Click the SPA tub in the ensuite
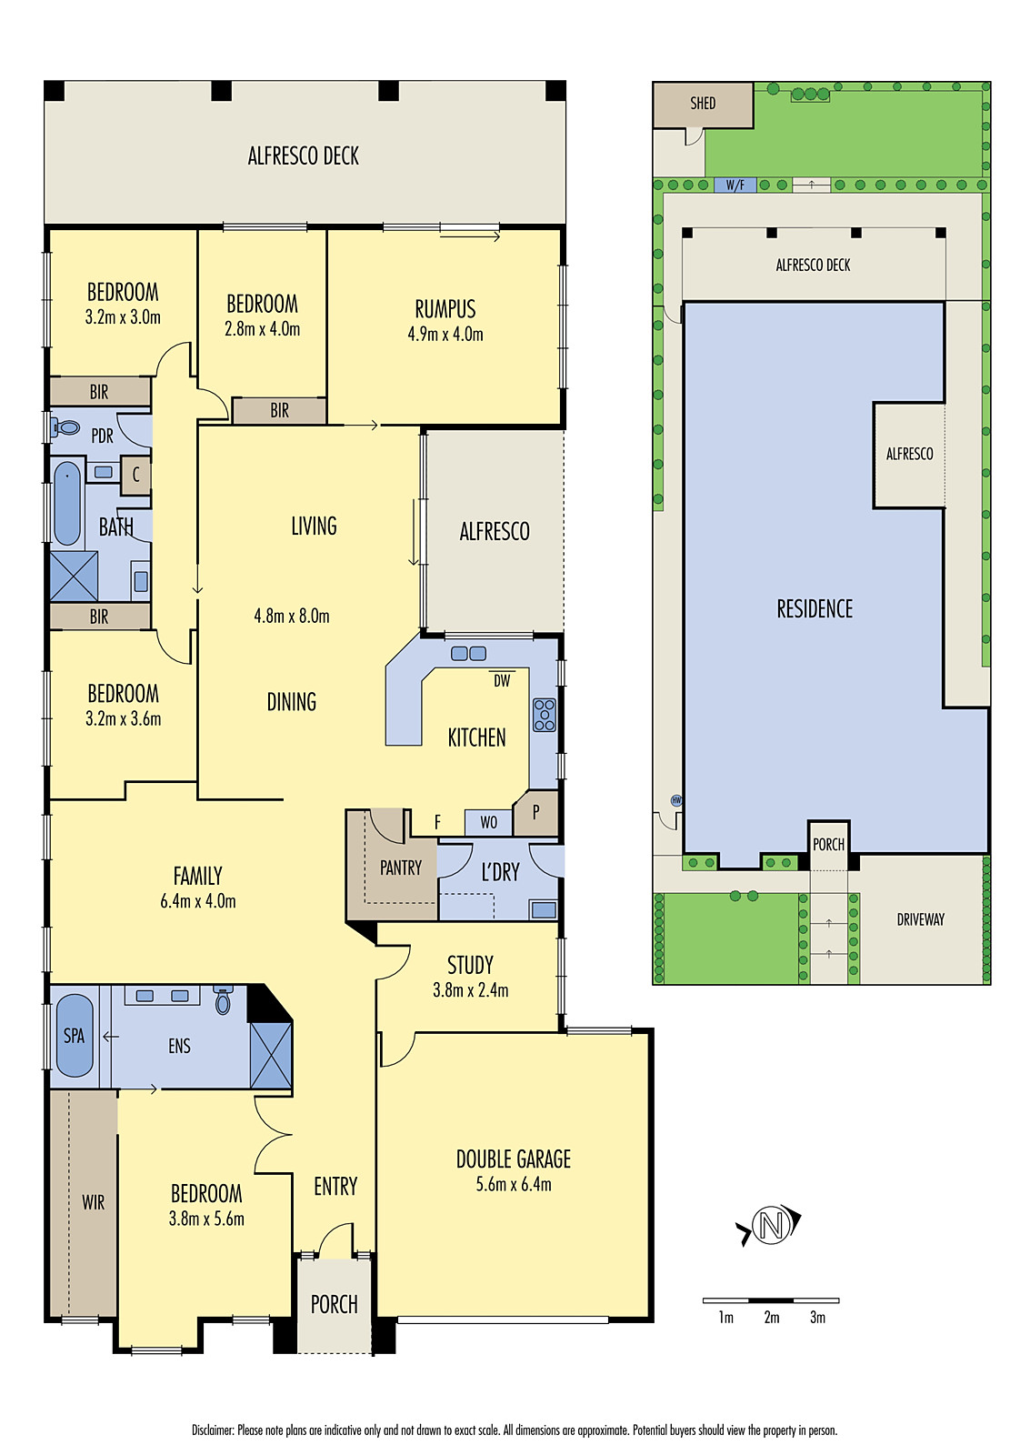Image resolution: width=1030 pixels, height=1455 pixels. click(75, 1036)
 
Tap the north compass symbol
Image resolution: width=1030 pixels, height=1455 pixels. click(771, 1225)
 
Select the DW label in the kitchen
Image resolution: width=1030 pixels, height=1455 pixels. click(502, 680)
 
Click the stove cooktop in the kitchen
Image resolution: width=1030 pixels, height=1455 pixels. click(544, 715)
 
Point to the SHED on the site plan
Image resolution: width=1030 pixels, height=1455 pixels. click(703, 104)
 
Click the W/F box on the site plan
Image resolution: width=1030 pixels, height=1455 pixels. click(735, 186)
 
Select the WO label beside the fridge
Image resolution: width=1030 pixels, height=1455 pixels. click(489, 822)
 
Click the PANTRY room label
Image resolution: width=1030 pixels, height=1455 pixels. click(401, 868)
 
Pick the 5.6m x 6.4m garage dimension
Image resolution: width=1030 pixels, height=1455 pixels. click(514, 1184)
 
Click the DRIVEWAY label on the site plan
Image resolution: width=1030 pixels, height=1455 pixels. click(920, 919)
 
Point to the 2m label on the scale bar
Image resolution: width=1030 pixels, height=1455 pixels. click(772, 1318)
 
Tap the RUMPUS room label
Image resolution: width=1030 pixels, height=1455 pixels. click(445, 309)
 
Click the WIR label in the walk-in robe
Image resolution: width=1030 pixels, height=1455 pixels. click(94, 1202)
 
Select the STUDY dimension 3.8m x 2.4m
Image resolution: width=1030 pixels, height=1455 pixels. click(470, 990)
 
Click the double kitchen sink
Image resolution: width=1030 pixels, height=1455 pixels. click(469, 653)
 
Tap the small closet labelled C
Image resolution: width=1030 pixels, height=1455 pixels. click(135, 475)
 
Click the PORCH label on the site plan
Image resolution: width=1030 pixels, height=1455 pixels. click(828, 845)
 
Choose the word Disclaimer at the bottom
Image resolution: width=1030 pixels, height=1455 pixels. click(213, 1430)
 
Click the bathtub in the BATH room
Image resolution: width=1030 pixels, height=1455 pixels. click(66, 503)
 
